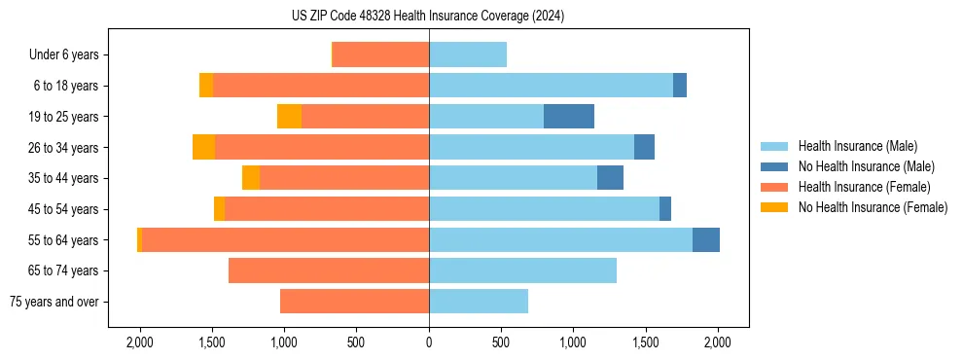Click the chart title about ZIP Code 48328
[428, 17]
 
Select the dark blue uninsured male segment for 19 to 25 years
[568, 117]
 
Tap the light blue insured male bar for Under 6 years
[468, 55]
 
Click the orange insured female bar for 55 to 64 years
[286, 240]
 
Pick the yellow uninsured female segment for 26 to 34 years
[203, 148]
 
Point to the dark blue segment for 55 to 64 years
[705, 240]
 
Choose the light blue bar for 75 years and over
[479, 302]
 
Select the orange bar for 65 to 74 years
[329, 270]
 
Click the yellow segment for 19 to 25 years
[289, 117]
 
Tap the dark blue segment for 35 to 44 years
[610, 178]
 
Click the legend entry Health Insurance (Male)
[857, 146]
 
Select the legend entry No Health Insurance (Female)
[873, 207]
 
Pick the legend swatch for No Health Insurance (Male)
[774, 166]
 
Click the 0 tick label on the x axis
[429, 342]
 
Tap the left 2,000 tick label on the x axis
[140, 342]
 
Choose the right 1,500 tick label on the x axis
[645, 342]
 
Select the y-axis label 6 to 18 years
[65, 87]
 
